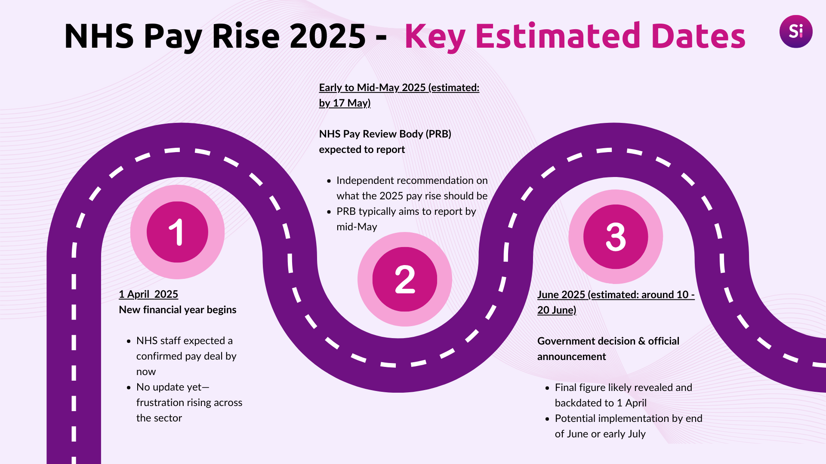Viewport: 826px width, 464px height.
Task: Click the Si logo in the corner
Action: point(796,31)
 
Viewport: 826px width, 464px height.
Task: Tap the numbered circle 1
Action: point(177,232)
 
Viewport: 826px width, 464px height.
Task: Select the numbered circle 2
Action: point(404,279)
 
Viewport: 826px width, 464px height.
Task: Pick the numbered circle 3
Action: point(616,237)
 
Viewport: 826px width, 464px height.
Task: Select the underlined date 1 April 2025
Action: point(148,294)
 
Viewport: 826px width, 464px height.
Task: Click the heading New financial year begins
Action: point(178,310)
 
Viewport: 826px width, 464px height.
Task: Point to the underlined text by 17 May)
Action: point(345,103)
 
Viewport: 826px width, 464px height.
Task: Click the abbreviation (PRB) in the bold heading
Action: point(438,134)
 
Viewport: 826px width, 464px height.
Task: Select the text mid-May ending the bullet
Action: point(357,227)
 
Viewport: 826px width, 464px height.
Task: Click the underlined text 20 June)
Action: point(557,310)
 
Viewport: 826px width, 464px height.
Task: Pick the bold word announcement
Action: point(571,357)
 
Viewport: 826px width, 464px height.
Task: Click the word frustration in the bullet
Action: point(159,403)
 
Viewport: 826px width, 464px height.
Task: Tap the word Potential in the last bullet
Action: point(575,418)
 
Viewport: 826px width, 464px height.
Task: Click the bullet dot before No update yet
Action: point(129,388)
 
